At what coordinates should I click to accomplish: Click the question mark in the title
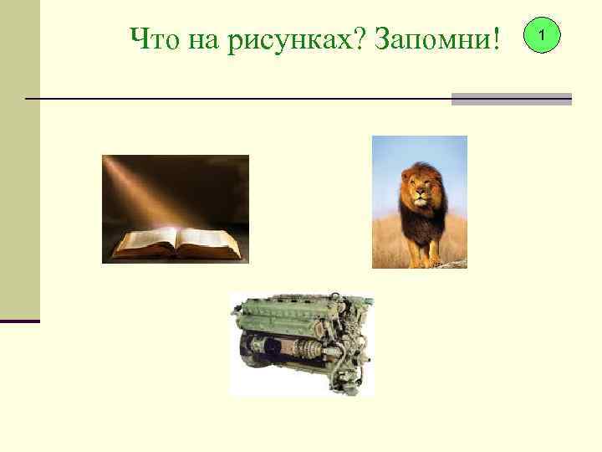point(364,38)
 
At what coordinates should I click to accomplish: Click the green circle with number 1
point(544,36)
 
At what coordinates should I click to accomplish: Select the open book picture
point(176,209)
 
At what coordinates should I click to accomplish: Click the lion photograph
point(419,202)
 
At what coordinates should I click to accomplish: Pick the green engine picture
point(301,343)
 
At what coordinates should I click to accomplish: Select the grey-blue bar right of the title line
point(511,99)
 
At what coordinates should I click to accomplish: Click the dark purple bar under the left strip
point(19,321)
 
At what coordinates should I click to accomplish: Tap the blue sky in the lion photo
point(393,155)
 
